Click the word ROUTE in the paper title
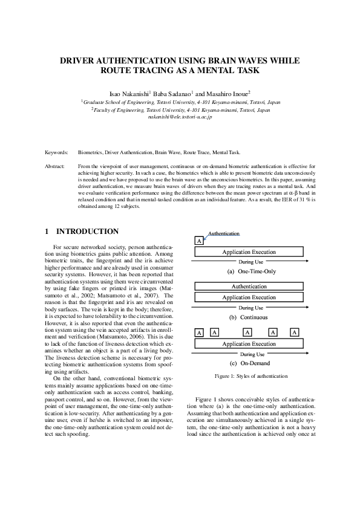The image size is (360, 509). pyautogui.click(x=116, y=71)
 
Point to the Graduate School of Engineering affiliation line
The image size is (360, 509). pyautogui.click(x=181, y=103)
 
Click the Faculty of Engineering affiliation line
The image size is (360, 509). pyautogui.click(x=181, y=110)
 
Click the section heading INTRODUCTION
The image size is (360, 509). pyautogui.click(x=87, y=232)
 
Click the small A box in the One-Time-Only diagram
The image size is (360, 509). pyautogui.click(x=199, y=241)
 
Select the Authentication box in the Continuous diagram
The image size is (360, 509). pyautogui.click(x=249, y=286)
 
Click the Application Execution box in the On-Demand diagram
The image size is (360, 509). pyautogui.click(x=249, y=344)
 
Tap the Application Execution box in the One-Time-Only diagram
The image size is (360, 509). pyautogui.click(x=249, y=251)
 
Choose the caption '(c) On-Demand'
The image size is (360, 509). pyautogui.click(x=250, y=363)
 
